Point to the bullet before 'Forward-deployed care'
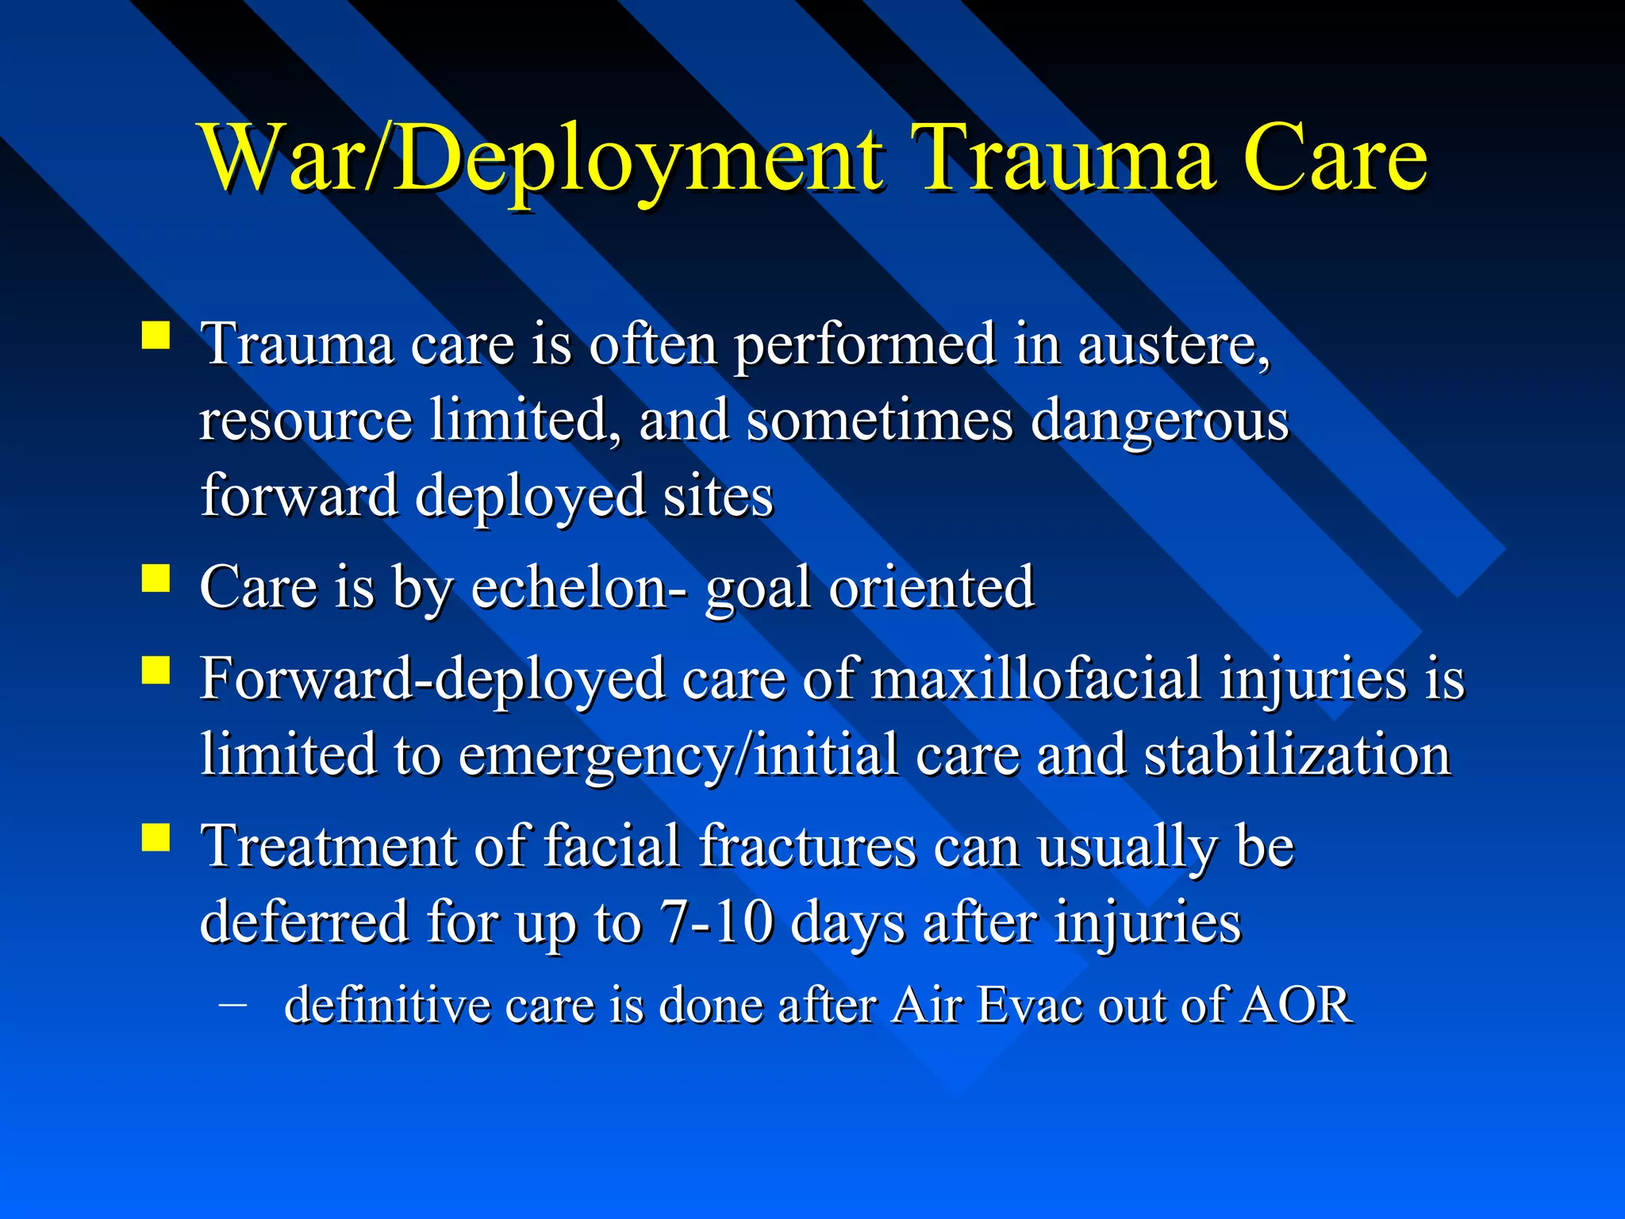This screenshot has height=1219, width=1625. [156, 670]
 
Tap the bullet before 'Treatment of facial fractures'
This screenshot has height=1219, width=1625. [156, 836]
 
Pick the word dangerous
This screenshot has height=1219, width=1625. [1159, 421]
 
